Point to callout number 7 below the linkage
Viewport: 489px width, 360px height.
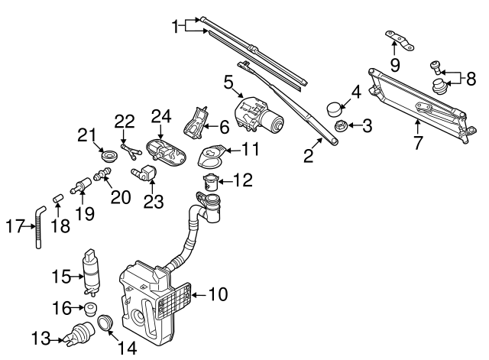click(418, 141)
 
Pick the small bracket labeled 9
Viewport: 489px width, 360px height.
click(400, 40)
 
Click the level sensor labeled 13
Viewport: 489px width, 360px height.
click(79, 334)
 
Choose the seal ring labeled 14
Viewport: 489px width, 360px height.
click(106, 326)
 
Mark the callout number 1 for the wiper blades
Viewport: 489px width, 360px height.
click(175, 27)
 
